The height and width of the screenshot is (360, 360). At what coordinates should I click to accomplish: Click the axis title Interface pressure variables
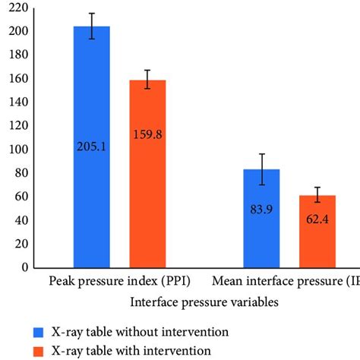point(204,302)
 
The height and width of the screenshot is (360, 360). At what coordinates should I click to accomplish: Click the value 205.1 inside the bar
point(91,145)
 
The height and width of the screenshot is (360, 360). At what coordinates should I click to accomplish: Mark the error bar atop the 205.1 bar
point(91,26)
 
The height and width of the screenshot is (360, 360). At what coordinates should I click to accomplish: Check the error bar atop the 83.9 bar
point(261,169)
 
